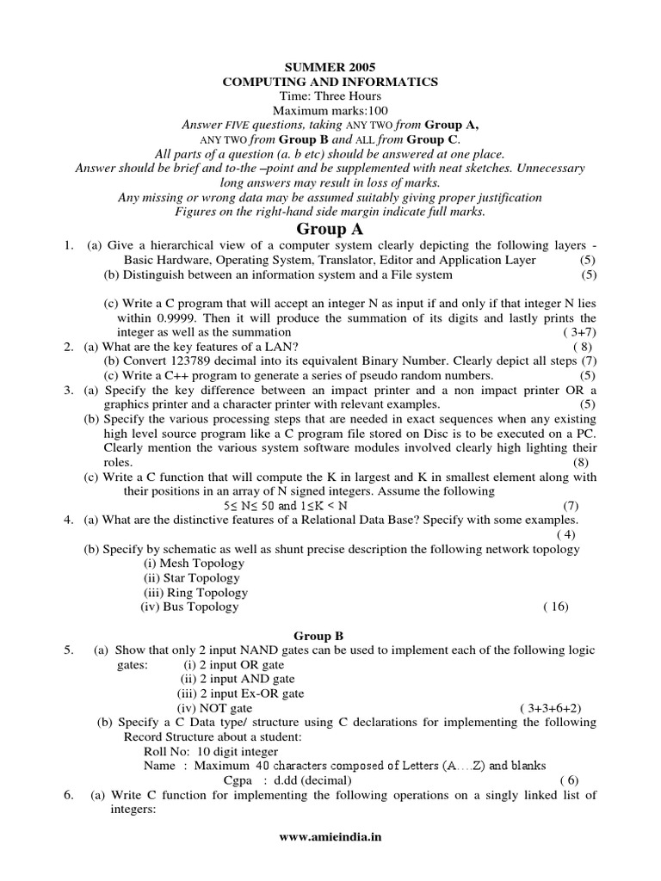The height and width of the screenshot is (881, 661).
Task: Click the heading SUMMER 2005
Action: click(330, 66)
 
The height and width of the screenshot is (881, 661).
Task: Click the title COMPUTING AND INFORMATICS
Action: click(330, 82)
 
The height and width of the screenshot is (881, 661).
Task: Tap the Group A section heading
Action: click(330, 229)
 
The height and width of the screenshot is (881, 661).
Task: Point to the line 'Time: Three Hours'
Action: click(330, 96)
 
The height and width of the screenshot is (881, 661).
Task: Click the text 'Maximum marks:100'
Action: click(330, 111)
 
